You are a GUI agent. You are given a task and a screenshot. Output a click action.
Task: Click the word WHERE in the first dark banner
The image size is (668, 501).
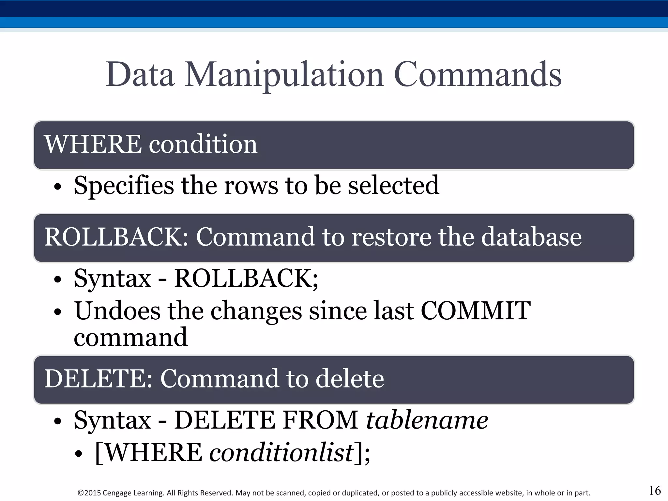tap(93, 144)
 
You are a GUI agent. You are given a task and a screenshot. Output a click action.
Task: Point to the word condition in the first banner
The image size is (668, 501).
tap(203, 144)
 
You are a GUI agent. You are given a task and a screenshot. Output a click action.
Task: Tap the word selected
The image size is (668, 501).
tap(393, 185)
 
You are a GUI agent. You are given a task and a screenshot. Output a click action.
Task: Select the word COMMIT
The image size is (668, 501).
tap(476, 311)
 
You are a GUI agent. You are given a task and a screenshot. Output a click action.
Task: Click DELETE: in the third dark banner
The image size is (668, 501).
tap(98, 379)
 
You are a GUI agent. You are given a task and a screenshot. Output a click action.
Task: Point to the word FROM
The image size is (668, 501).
tap(321, 420)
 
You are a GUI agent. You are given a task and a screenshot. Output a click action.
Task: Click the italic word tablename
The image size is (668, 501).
tap(427, 420)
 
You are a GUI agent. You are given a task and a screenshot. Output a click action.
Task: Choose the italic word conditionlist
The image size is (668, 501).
tap(281, 453)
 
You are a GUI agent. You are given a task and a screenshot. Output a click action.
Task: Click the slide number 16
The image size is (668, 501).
tap(655, 491)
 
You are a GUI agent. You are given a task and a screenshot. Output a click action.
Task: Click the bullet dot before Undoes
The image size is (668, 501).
tap(58, 312)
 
